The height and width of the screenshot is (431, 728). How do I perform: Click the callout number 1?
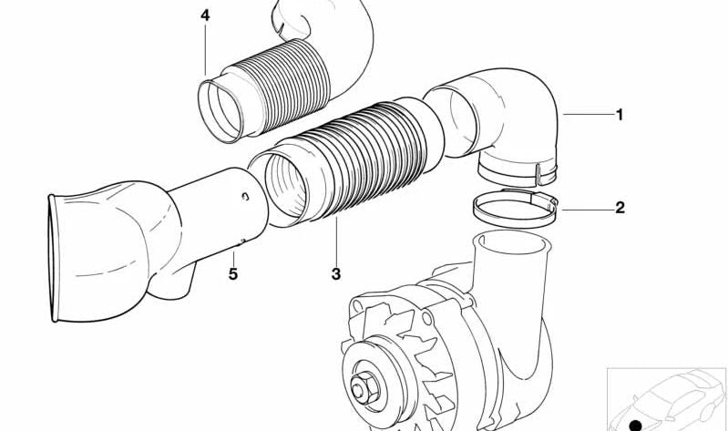(x=620, y=115)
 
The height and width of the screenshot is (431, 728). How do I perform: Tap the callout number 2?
(x=620, y=208)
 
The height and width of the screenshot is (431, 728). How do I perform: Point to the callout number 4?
(x=205, y=15)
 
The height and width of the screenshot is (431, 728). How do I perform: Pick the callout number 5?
(x=232, y=272)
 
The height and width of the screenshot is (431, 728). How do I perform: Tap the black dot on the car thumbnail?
(x=635, y=424)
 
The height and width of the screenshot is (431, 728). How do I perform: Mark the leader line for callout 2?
(x=583, y=209)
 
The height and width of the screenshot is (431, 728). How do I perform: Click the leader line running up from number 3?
(x=335, y=241)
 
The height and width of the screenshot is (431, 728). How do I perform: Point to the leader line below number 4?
(x=205, y=50)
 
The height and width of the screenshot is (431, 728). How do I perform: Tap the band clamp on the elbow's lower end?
(x=515, y=169)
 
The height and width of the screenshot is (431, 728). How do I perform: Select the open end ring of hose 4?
(x=219, y=109)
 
